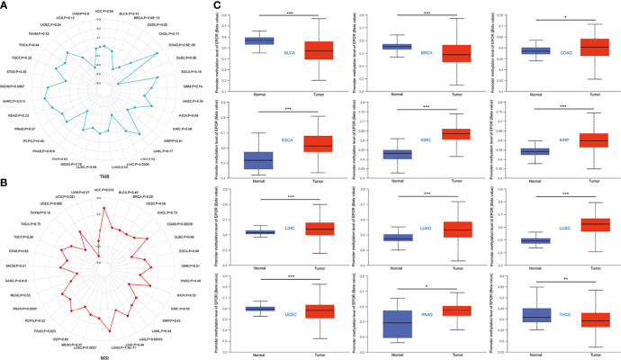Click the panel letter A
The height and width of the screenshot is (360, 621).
5,5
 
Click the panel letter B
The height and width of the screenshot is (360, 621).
5,183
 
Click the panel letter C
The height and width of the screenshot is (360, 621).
211,5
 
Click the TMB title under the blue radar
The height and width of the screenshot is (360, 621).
104,177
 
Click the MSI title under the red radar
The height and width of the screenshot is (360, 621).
104,355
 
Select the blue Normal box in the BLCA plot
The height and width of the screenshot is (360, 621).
260,40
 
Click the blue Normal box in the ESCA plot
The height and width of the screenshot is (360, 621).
260,159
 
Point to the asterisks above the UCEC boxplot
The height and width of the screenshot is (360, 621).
292,276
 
